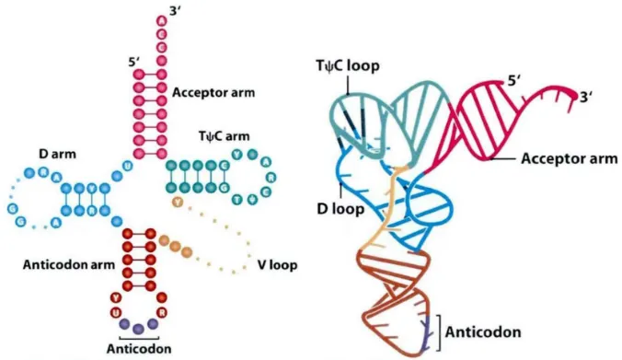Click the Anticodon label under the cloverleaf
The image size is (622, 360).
click(138, 349)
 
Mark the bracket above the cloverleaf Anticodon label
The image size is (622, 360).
click(138, 337)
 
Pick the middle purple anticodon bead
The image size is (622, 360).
click(138, 328)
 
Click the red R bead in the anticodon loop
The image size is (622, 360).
click(163, 312)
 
